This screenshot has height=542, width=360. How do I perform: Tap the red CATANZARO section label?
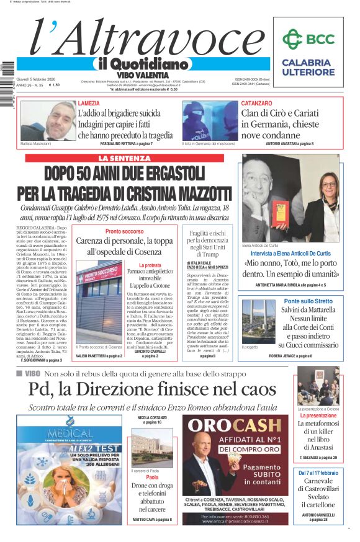point(256,103)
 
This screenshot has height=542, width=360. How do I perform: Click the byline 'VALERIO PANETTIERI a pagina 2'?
point(99,357)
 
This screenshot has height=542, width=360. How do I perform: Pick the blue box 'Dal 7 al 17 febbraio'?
point(317,473)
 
